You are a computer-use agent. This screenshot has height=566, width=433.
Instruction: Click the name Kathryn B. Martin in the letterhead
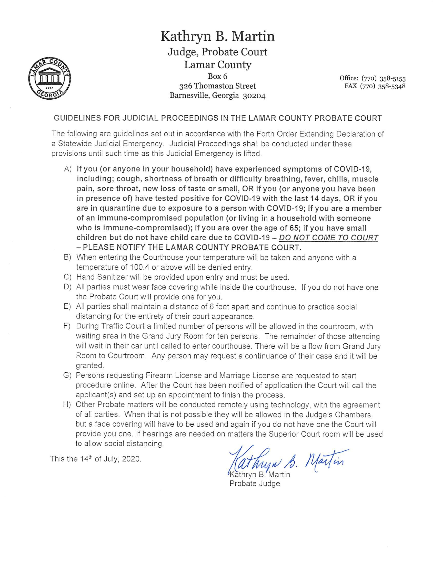click(218, 37)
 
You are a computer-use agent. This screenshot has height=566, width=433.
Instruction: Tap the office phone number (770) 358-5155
click(384, 78)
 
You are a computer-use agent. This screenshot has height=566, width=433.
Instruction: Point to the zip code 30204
click(254, 96)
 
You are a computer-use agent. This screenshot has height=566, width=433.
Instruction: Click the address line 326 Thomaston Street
click(218, 86)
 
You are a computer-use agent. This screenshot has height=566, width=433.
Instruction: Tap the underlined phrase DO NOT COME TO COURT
click(330, 238)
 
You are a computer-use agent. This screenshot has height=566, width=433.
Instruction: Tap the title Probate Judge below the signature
click(255, 483)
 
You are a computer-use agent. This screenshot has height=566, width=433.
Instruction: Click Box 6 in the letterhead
click(218, 77)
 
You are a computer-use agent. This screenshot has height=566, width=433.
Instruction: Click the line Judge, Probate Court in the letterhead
click(218, 52)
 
